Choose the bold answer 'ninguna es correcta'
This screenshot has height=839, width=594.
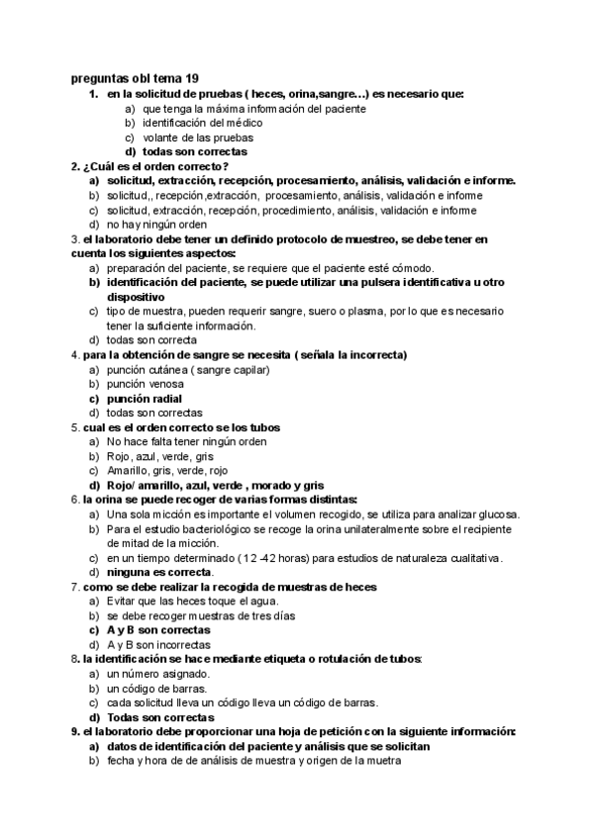159,572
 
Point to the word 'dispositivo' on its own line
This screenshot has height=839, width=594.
136,297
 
